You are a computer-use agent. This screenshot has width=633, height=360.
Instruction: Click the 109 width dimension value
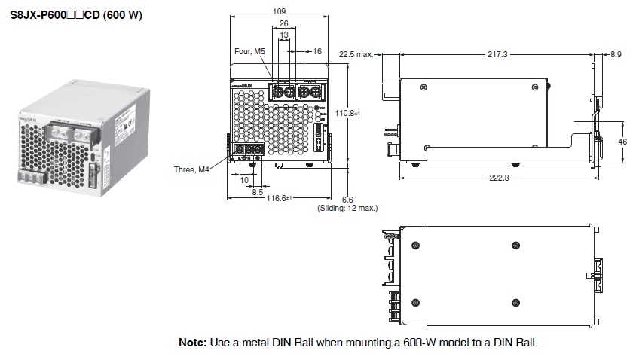279,11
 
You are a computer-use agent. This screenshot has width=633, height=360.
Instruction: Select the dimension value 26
283,23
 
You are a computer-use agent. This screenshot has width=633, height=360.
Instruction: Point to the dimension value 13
283,35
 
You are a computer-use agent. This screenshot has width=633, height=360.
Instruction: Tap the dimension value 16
316,51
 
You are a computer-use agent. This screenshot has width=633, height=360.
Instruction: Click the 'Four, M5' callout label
249,51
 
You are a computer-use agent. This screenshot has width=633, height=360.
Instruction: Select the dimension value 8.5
257,191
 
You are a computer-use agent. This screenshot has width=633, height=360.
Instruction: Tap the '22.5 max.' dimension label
356,54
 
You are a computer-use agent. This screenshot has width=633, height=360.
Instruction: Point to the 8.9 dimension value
616,54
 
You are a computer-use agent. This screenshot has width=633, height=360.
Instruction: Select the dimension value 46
622,142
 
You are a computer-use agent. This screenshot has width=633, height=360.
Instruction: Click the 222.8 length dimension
498,177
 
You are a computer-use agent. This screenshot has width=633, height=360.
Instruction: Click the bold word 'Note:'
191,342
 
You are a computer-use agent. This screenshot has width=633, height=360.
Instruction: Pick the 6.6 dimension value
347,199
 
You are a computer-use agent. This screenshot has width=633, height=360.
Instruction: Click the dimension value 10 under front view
245,180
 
